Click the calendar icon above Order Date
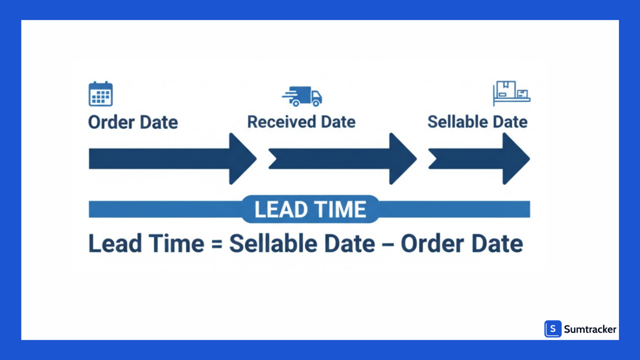pos(101,94)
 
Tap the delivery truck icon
pos(303,96)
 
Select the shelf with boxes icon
pos(511,93)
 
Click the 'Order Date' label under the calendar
pos(133,123)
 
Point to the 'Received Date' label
pos(301,122)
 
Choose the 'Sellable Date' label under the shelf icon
pos(477,122)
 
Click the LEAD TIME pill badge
pos(310,209)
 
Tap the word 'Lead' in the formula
pos(114,244)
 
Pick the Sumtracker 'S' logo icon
pos(553,329)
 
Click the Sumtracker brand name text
pos(590,330)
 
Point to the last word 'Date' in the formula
pos(497,244)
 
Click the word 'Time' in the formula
pos(177,244)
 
